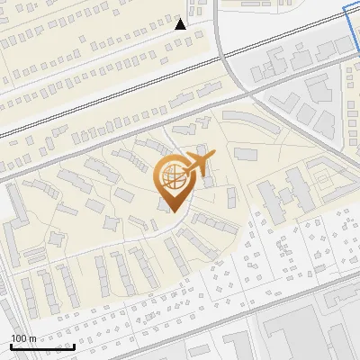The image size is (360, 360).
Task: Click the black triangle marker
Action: [181, 23]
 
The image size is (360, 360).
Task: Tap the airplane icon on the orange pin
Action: [199, 163]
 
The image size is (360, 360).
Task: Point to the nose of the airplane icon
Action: [214, 156]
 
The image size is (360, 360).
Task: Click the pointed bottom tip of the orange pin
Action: [172, 212]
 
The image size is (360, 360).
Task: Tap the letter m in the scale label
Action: [32, 338]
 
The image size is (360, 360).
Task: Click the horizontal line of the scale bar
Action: [41, 346]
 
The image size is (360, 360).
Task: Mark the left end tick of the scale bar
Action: [10, 345]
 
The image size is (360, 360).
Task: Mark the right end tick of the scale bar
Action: [74, 345]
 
